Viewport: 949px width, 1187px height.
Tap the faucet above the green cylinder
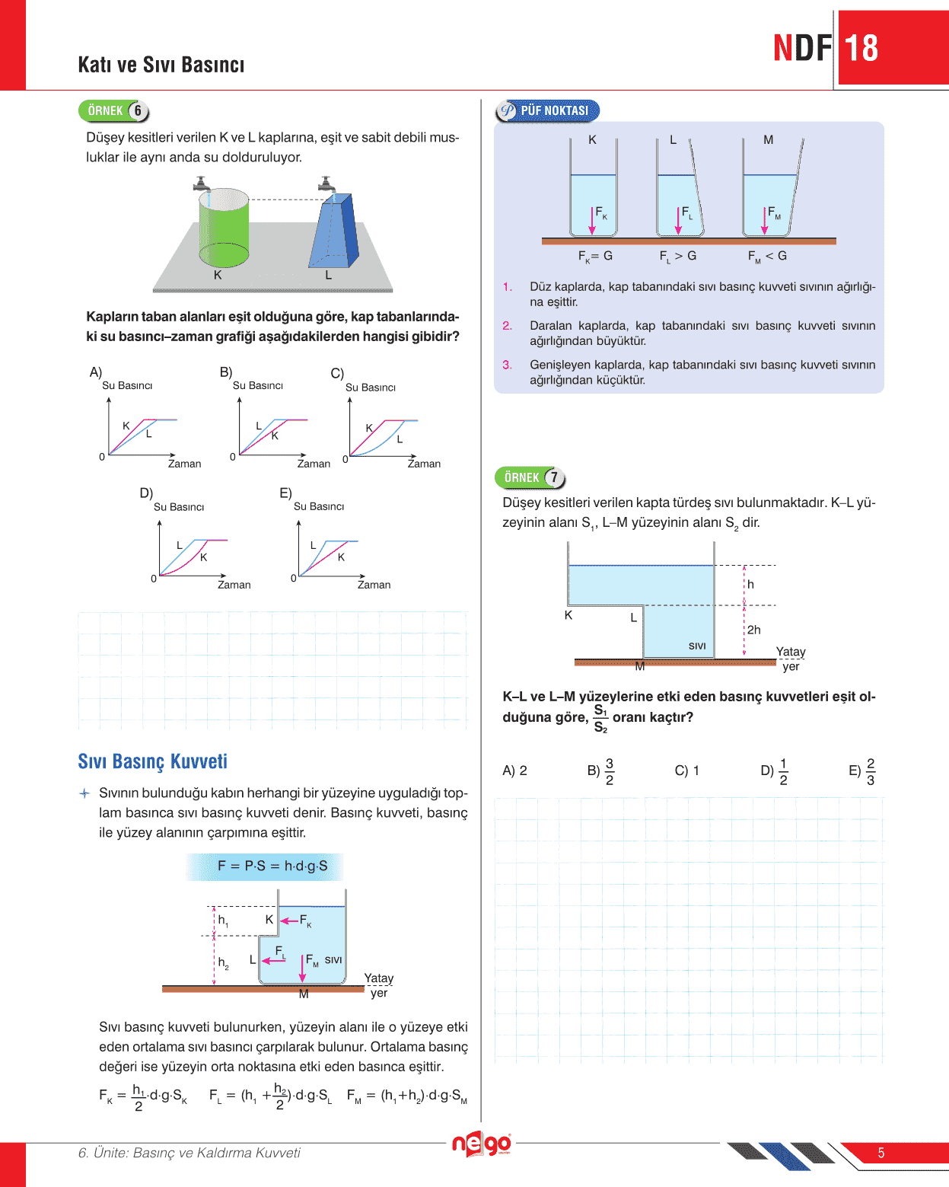(202, 183)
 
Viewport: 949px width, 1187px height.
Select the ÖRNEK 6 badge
(114, 111)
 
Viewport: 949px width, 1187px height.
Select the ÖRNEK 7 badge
(530, 477)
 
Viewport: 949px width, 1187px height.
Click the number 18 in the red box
(861, 48)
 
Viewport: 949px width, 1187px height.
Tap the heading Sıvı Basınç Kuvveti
(152, 761)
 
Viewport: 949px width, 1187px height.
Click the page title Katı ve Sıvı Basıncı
(161, 65)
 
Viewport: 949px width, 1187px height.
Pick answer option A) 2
(514, 771)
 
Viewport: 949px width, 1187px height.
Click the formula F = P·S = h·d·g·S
(272, 866)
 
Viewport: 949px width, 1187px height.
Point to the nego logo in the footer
(481, 1144)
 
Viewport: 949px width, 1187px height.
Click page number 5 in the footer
(881, 1153)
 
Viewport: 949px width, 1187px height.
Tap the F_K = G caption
(595, 257)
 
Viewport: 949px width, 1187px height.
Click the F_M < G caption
(767, 257)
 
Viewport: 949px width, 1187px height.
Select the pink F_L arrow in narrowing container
(679, 221)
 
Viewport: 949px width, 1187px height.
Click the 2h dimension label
(753, 630)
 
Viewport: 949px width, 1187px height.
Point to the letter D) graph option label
(146, 493)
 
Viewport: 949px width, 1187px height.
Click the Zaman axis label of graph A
(184, 464)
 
